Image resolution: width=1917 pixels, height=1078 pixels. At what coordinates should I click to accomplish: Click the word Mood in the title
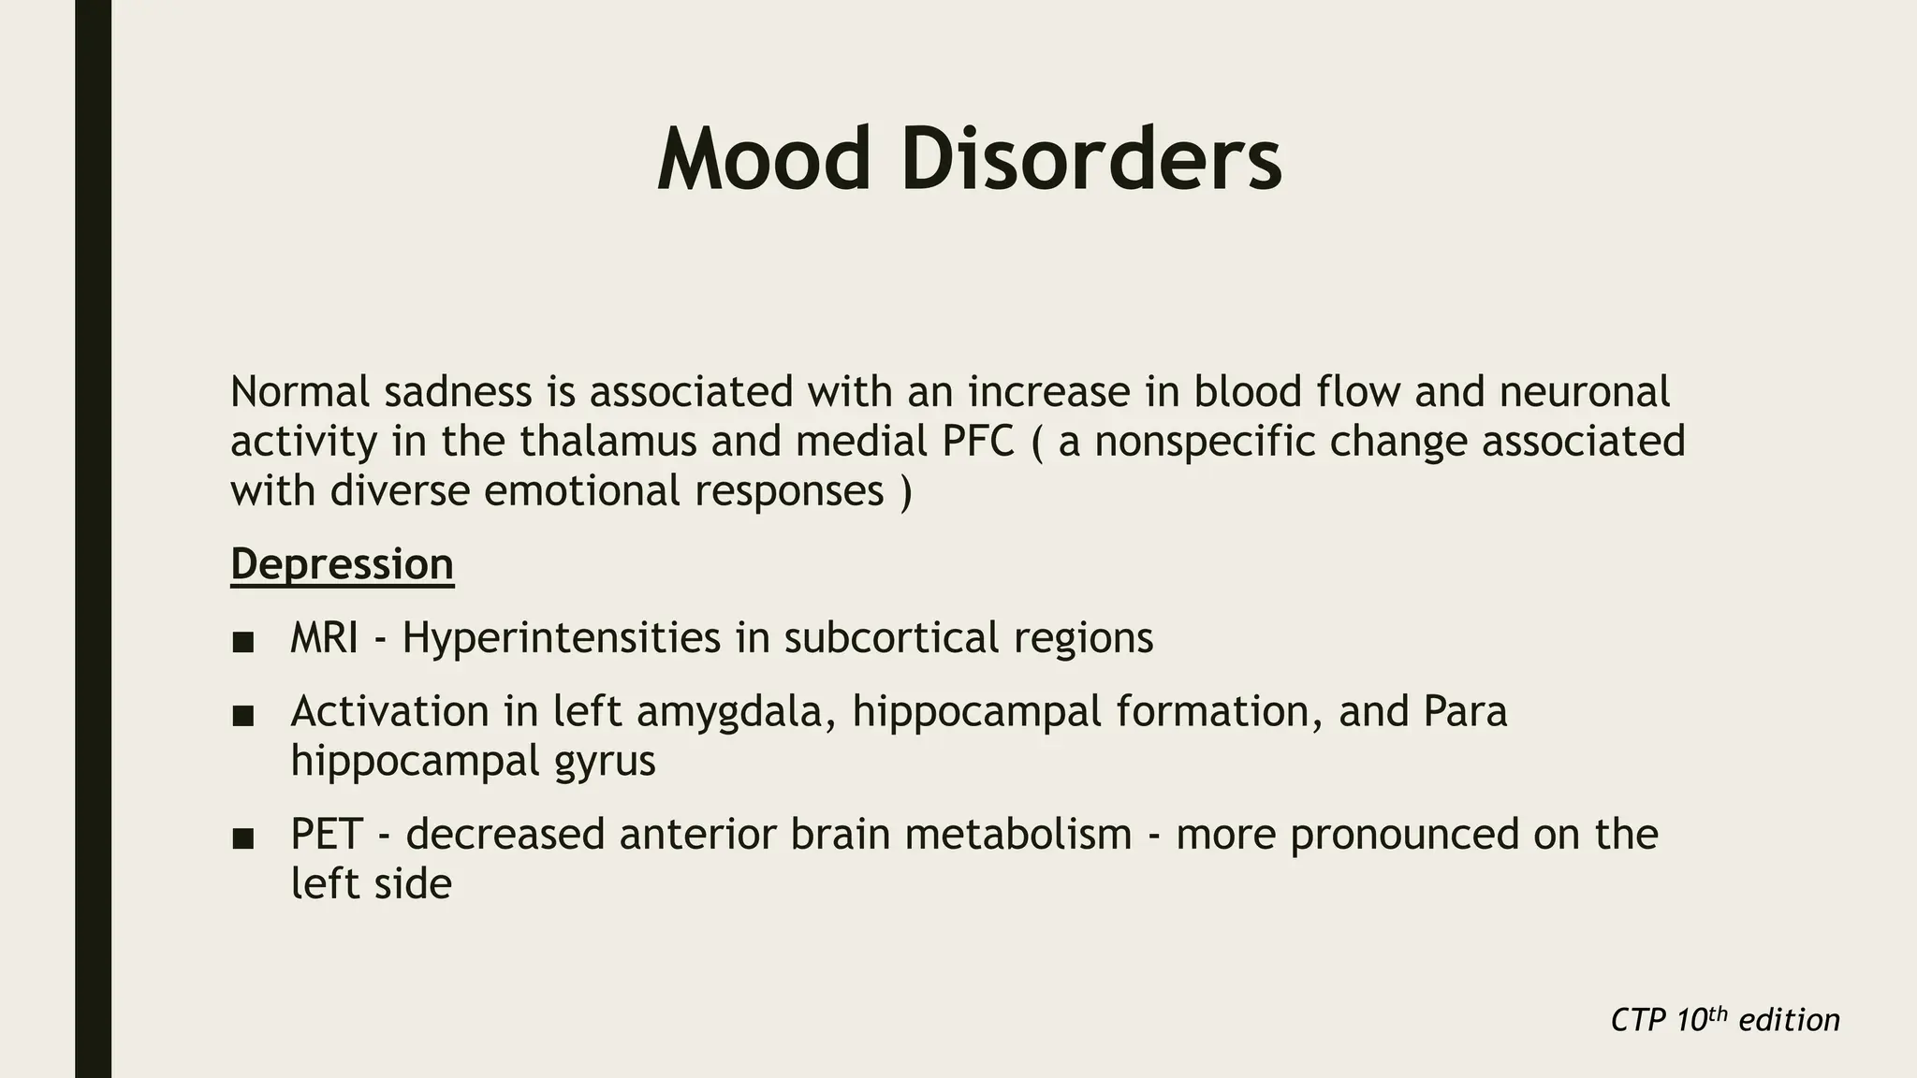point(764,161)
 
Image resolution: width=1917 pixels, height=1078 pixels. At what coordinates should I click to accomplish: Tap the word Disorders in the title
point(1091,161)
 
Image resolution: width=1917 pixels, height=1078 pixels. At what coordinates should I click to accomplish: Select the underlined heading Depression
point(343,564)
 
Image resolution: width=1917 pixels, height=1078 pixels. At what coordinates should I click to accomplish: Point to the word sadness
point(458,391)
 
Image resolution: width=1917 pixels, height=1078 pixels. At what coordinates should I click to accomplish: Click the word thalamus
point(608,441)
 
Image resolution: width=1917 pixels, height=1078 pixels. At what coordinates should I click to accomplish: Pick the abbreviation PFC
point(979,441)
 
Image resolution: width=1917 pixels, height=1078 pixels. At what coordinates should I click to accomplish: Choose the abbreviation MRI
point(324,638)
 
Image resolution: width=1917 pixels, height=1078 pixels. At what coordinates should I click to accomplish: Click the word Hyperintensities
point(562,638)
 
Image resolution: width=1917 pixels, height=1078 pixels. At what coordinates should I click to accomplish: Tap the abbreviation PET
point(327,834)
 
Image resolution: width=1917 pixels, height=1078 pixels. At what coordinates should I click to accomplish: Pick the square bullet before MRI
point(243,642)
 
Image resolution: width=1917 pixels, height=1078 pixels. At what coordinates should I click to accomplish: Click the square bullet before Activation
point(243,716)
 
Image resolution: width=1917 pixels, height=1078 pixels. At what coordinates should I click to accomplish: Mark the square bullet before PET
point(243,838)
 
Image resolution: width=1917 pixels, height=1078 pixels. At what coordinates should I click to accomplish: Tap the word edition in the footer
point(1789,1020)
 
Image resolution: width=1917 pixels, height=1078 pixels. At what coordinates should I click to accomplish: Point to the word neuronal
point(1585,391)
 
